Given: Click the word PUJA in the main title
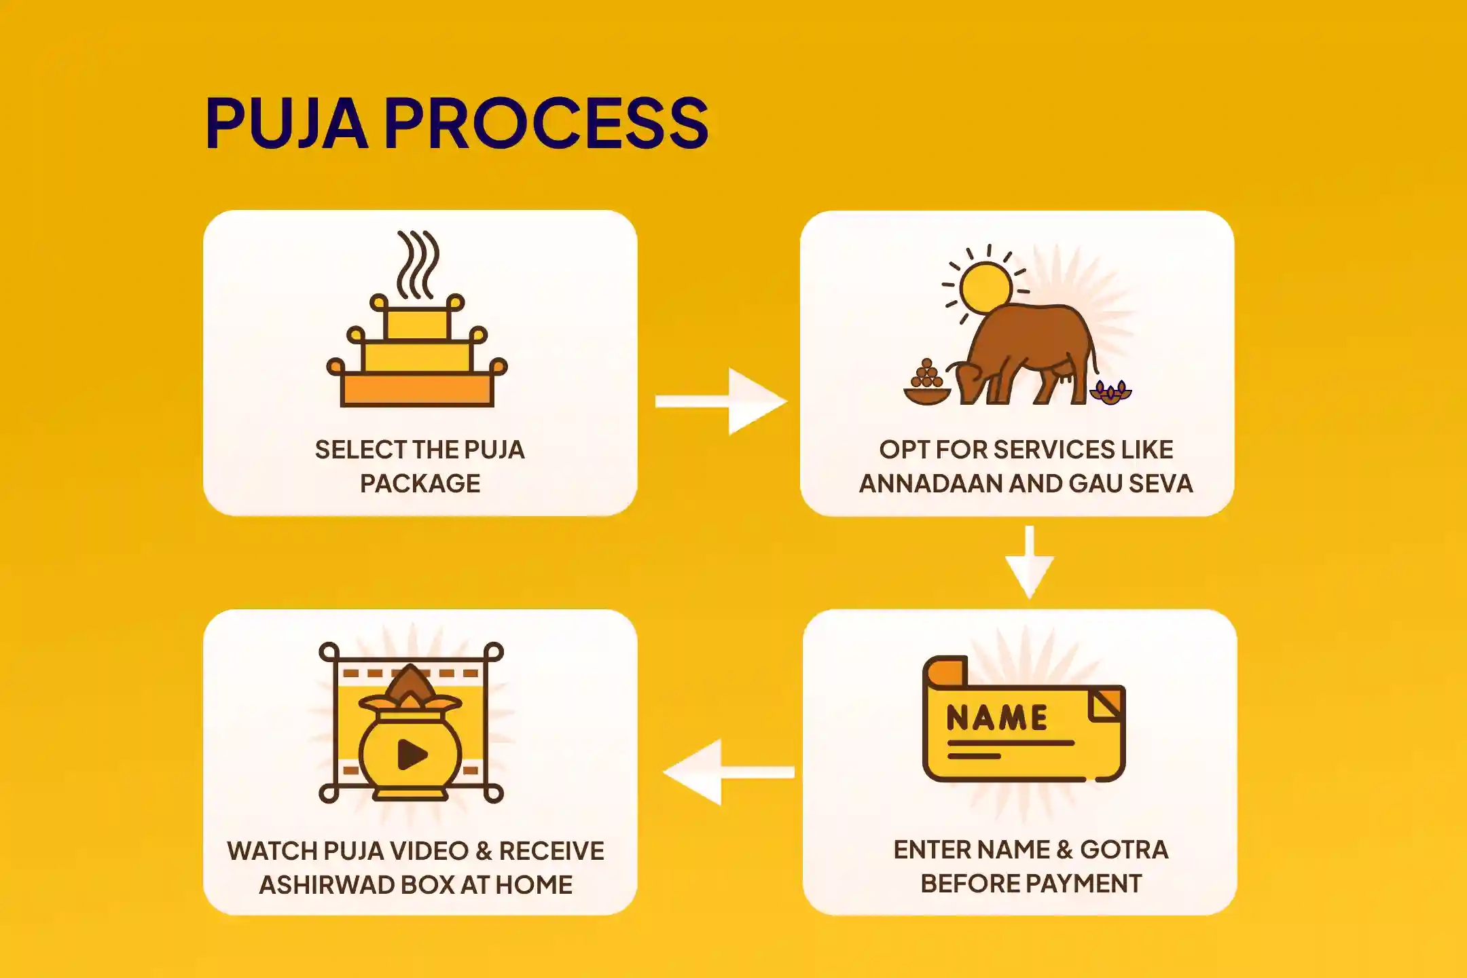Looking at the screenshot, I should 286,123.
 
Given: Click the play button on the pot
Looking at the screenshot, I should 412,754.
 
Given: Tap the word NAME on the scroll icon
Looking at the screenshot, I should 997,718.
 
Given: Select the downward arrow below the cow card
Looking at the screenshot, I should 1030,562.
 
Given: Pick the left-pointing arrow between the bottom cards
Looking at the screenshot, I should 727,772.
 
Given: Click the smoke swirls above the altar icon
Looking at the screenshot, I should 417,264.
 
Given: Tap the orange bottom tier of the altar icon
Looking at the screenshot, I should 417,390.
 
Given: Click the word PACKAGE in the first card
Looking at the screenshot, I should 420,484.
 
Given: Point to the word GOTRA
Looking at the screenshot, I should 1124,850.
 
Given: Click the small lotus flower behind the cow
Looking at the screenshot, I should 1111,393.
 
